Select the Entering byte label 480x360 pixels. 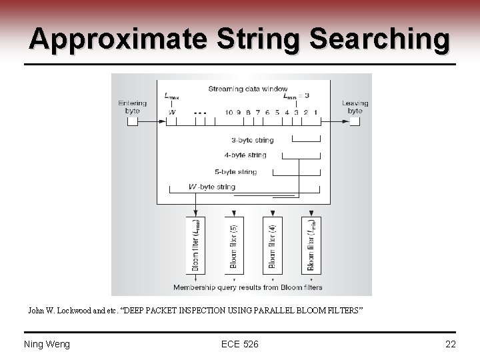(132, 107)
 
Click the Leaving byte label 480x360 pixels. (355, 107)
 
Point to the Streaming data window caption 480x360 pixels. (247, 89)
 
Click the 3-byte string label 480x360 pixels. (253, 140)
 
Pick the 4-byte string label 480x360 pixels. (245, 155)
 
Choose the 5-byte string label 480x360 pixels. (236, 171)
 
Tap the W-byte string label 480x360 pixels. (212, 187)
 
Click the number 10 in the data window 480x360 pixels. (229, 113)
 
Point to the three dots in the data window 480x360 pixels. (199, 113)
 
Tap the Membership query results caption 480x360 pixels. (247, 288)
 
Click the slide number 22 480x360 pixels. (451, 344)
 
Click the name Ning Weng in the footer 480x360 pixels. (47, 344)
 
